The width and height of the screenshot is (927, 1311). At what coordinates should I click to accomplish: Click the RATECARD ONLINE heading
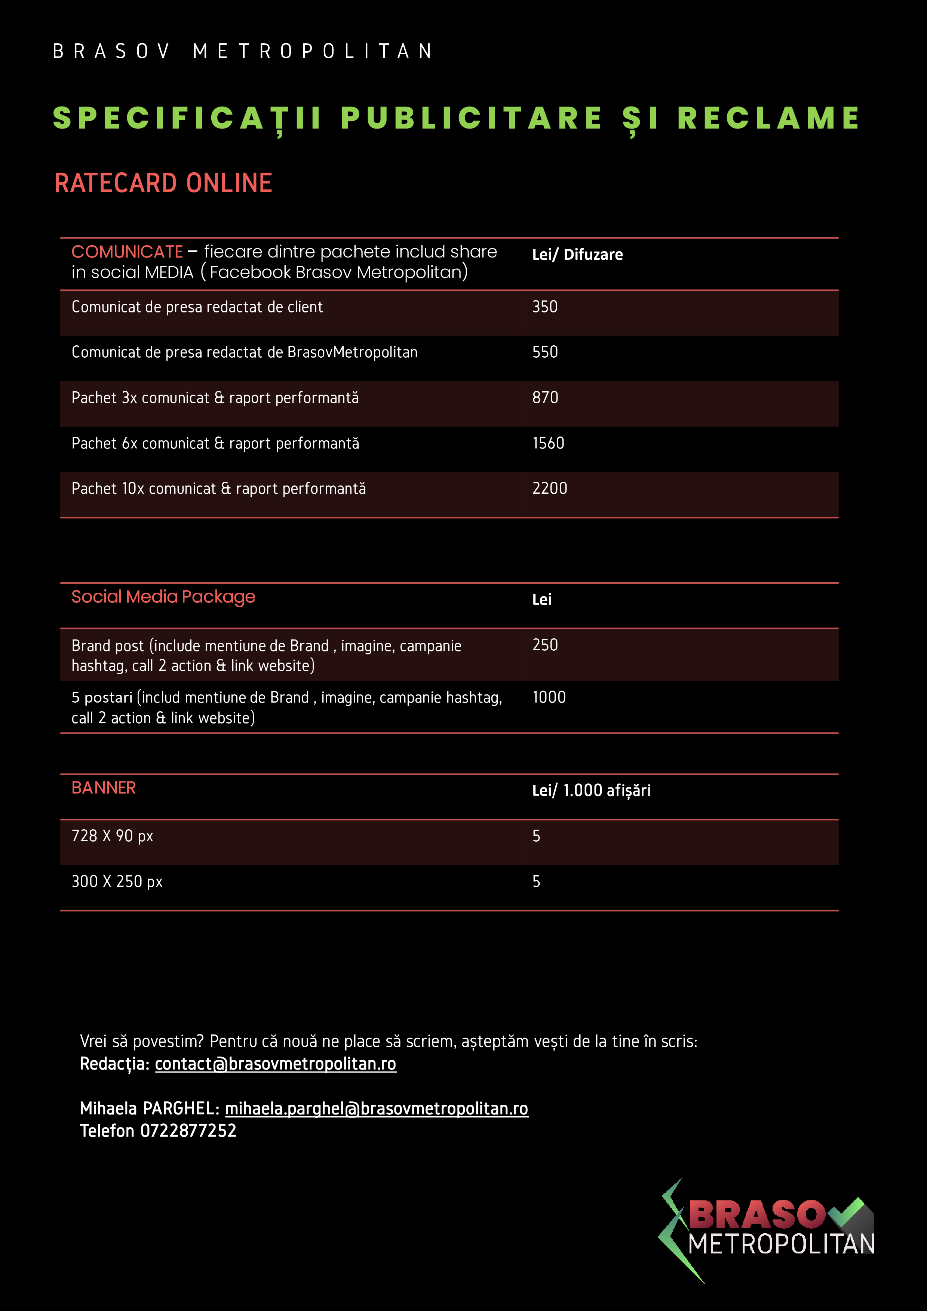pos(163,183)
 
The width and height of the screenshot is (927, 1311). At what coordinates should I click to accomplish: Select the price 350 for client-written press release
pos(544,306)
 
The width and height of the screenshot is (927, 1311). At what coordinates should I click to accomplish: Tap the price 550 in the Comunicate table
pos(544,352)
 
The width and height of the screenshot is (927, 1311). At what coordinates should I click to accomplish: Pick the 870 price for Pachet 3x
pos(545,397)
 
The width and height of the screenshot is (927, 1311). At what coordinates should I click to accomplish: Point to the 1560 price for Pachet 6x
pos(548,443)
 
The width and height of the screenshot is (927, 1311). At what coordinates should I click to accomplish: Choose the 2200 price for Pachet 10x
pos(549,488)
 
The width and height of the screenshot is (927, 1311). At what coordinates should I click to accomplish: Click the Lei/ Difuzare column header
pos(577,255)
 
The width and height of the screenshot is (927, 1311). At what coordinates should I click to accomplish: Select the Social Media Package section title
pos(163,597)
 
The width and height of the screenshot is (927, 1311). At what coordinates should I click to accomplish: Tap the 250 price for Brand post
pos(544,645)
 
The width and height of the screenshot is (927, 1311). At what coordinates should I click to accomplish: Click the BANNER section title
pos(103,788)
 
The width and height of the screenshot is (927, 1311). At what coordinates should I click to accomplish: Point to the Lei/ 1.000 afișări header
pos(591,790)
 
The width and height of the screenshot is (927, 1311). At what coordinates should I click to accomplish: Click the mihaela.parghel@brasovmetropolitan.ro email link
pos(377,1108)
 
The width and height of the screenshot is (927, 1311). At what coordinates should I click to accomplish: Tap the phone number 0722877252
pos(188,1130)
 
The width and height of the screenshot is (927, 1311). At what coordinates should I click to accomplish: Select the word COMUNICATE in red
pos(127,252)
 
